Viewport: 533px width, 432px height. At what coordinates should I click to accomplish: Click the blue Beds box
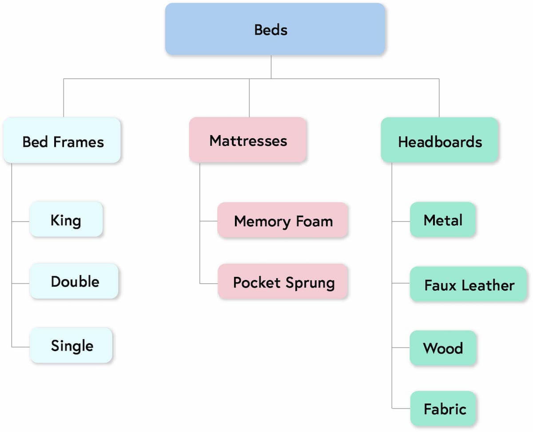pyautogui.click(x=275, y=29)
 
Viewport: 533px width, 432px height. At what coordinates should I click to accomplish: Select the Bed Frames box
pyautogui.click(x=62, y=140)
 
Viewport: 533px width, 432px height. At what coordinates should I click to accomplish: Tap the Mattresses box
pyautogui.click(x=248, y=140)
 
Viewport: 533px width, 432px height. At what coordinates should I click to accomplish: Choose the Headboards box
pyautogui.click(x=439, y=140)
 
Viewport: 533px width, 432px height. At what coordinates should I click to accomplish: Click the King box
pyautogui.click(x=66, y=220)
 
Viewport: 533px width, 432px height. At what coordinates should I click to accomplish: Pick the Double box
pyautogui.click(x=74, y=281)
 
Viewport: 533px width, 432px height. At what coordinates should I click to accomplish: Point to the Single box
pyautogui.click(x=72, y=346)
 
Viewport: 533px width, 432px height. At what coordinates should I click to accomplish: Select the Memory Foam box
pyautogui.click(x=283, y=220)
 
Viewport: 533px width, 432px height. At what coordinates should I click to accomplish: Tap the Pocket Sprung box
pyautogui.click(x=283, y=282)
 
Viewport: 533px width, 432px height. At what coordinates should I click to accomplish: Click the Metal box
pyautogui.click(x=443, y=220)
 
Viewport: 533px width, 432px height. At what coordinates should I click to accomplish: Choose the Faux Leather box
pyautogui.click(x=469, y=284)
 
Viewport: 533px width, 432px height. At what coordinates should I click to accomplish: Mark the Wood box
pyautogui.click(x=443, y=348)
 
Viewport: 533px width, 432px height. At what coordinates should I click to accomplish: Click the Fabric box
pyautogui.click(x=444, y=408)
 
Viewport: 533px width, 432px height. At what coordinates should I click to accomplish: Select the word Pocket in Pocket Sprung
pyautogui.click(x=257, y=282)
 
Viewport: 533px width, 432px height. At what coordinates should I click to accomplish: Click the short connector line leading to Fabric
pyautogui.click(x=401, y=408)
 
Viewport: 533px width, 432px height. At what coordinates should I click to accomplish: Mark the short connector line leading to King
pyautogui.click(x=21, y=221)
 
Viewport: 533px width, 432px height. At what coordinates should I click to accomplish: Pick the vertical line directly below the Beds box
pyautogui.click(x=271, y=67)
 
